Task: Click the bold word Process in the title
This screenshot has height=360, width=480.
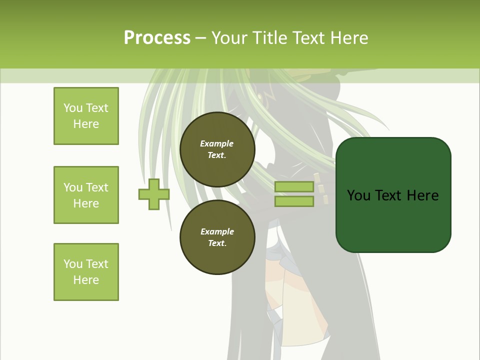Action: (157, 38)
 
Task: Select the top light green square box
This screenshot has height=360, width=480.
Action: (86, 116)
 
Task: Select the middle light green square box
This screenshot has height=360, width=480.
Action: (86, 195)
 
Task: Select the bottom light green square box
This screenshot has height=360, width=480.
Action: (86, 272)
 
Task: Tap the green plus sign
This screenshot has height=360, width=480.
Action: (154, 194)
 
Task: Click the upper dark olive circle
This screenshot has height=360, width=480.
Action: (217, 149)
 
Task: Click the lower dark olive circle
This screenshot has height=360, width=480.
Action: (217, 237)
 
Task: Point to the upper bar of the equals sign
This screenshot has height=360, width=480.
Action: (294, 187)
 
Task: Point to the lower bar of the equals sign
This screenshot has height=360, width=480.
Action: (294, 201)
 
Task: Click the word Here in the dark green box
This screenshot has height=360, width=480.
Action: (422, 195)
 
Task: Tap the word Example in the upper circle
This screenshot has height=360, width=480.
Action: (217, 143)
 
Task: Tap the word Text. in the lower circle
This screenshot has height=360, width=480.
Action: (217, 243)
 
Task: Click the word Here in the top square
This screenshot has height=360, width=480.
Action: (86, 124)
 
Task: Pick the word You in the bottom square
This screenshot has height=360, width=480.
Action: (73, 264)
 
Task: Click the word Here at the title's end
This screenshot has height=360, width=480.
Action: (350, 38)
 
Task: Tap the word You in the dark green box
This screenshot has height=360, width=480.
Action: (358, 195)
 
